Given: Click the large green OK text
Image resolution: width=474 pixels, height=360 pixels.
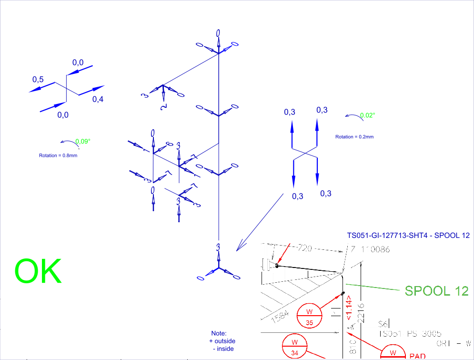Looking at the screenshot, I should pos(38,271).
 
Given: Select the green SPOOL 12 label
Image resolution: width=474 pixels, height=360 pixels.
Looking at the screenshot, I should pos(436,290).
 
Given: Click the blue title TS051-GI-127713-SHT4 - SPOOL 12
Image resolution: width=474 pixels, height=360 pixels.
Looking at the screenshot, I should pos(409,236).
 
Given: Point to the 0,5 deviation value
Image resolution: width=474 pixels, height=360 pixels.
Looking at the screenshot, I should pos(38,80).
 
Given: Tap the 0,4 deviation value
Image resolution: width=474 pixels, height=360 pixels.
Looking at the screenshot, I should pos(98,99).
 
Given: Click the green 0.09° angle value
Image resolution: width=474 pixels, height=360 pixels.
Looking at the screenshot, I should pos(83,141).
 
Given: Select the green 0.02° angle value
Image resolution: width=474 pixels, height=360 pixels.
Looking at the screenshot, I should pos(368,115).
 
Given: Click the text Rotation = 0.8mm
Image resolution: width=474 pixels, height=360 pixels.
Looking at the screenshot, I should pos(58,155).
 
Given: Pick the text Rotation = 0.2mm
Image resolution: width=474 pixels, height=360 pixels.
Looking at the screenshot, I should pos(354,137).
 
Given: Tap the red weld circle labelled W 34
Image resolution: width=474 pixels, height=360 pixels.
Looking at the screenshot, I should pos(294,347).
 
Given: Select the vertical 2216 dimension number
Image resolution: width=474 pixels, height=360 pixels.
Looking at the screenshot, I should pos(361,312).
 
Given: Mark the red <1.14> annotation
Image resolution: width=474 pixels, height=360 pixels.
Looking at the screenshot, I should pos(349,310).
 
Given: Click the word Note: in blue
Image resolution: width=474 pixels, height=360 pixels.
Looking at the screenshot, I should pos(219,333).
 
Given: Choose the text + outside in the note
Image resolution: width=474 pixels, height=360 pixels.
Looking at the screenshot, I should pos(222,341).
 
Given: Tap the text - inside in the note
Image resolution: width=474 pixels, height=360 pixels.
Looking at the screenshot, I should pos(223,349).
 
